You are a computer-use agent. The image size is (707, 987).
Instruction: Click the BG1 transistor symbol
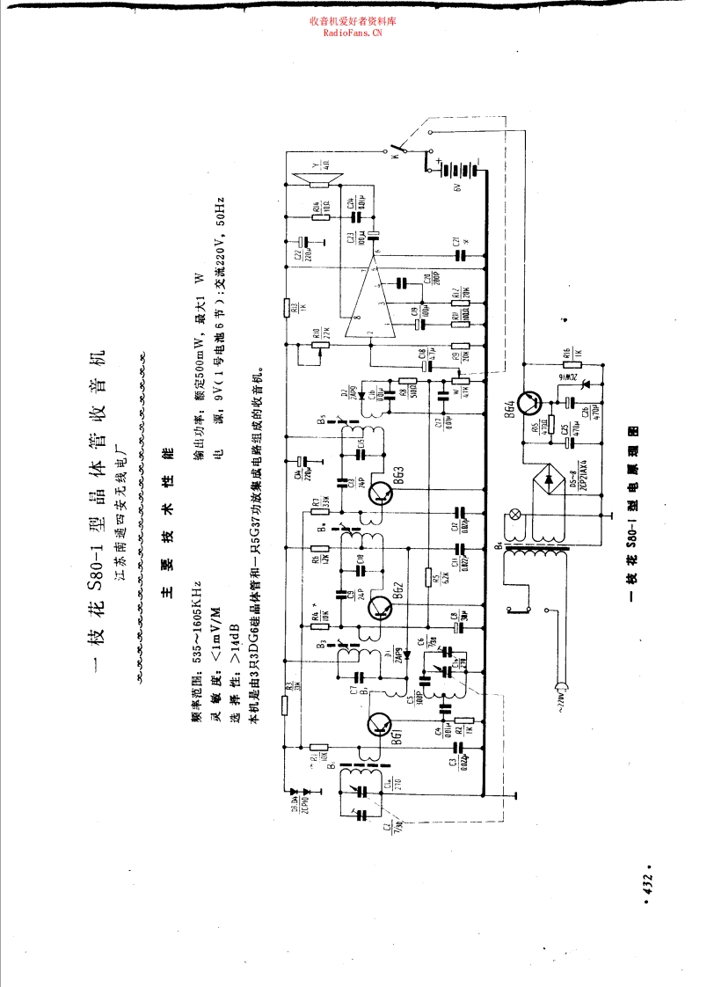379,724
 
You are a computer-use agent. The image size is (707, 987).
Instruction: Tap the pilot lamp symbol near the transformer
516,515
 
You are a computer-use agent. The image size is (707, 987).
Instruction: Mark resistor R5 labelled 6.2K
428,579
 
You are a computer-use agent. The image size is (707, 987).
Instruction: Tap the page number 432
648,886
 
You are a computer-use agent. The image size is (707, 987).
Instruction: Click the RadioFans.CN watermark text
353,33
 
